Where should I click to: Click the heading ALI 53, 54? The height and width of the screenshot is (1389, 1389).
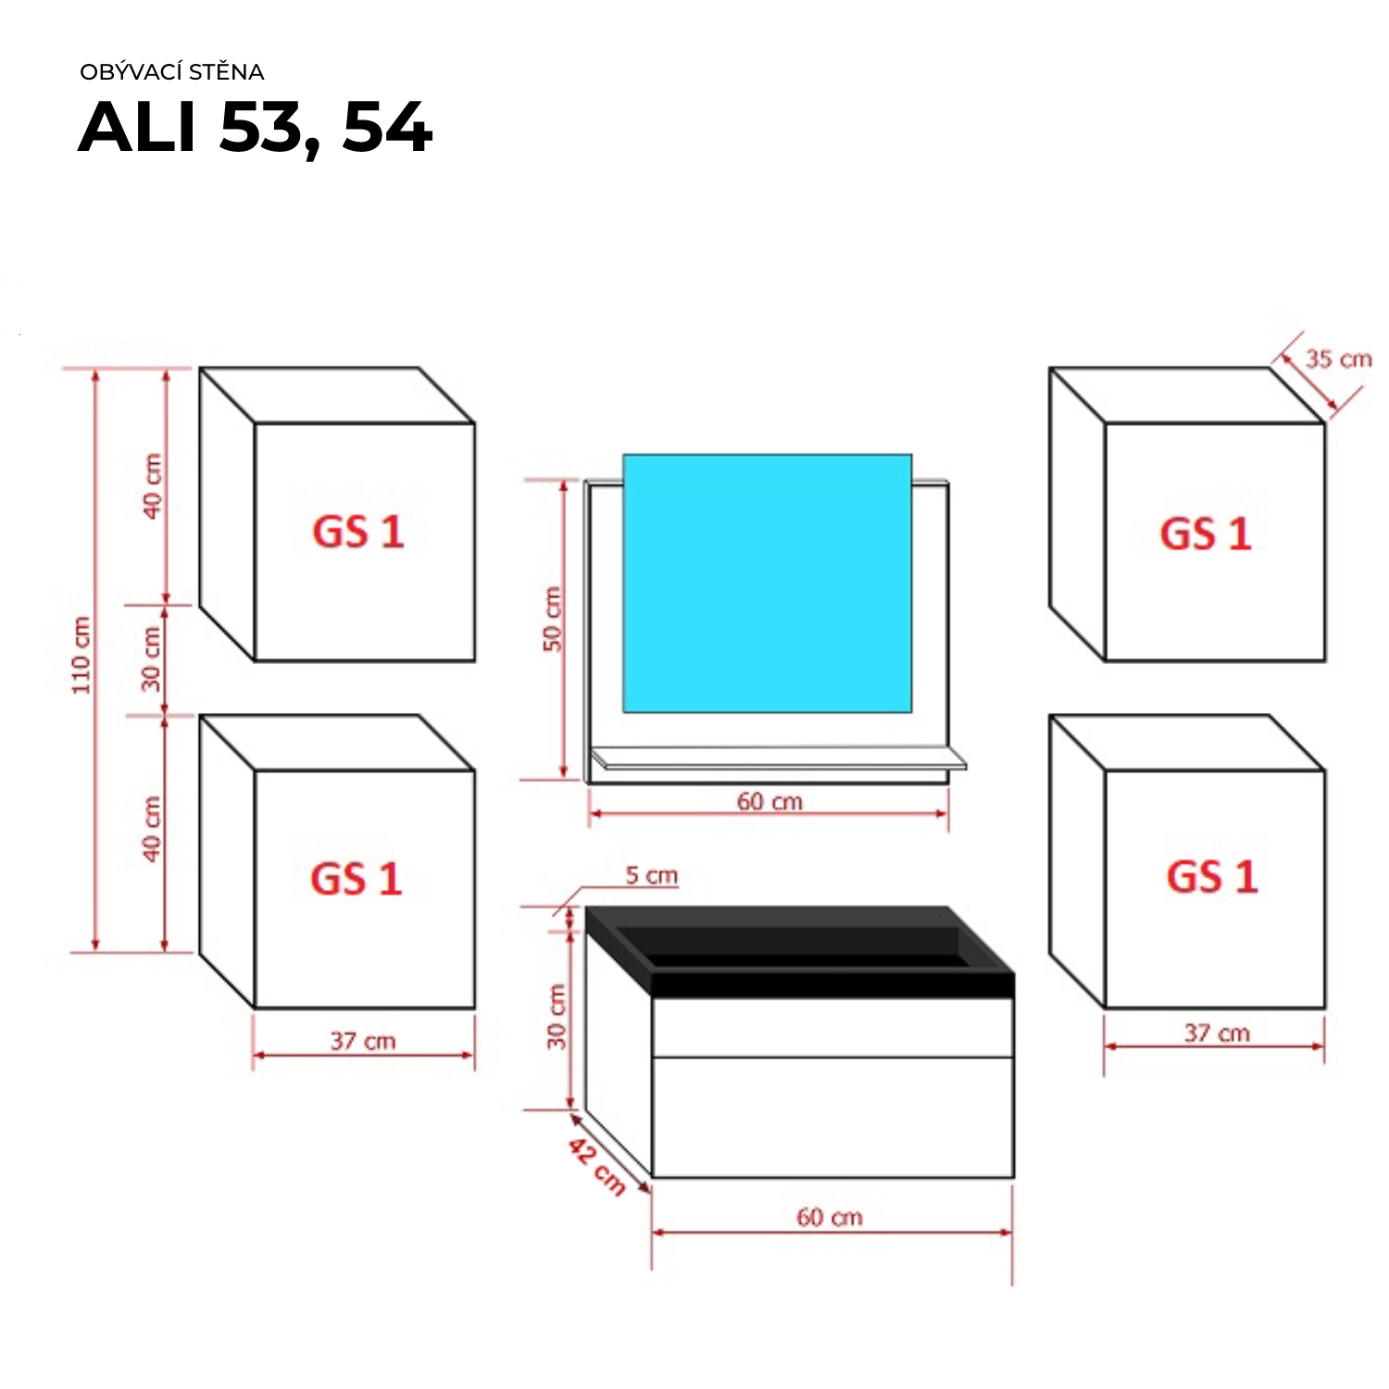click(256, 127)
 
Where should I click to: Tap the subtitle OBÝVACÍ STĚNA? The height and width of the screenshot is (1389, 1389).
click(172, 72)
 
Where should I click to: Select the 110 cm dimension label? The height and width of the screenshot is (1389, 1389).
click(81, 655)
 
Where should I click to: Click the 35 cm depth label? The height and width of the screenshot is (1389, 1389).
click(1338, 359)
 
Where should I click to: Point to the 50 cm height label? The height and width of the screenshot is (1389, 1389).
click(553, 619)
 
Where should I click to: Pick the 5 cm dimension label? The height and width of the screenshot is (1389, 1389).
click(652, 875)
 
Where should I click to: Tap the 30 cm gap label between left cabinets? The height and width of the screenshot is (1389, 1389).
click(152, 659)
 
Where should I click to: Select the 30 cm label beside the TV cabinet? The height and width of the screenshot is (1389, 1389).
click(557, 1017)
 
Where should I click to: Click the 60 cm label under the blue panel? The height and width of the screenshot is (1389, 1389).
click(770, 802)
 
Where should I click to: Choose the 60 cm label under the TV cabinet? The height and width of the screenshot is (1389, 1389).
click(830, 1217)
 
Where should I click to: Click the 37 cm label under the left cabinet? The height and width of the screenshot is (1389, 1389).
click(363, 1041)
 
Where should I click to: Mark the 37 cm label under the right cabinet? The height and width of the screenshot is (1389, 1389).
click(1217, 1033)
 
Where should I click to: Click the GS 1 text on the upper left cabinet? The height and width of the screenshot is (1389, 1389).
click(358, 532)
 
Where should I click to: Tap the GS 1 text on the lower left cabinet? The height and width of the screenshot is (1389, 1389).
click(357, 879)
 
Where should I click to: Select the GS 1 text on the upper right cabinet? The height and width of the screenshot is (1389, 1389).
click(1206, 534)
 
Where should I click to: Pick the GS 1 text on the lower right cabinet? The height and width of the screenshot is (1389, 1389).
click(1212, 877)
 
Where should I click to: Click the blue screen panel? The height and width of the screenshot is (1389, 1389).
click(767, 583)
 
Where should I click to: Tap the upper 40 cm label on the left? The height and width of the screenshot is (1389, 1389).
click(152, 486)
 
